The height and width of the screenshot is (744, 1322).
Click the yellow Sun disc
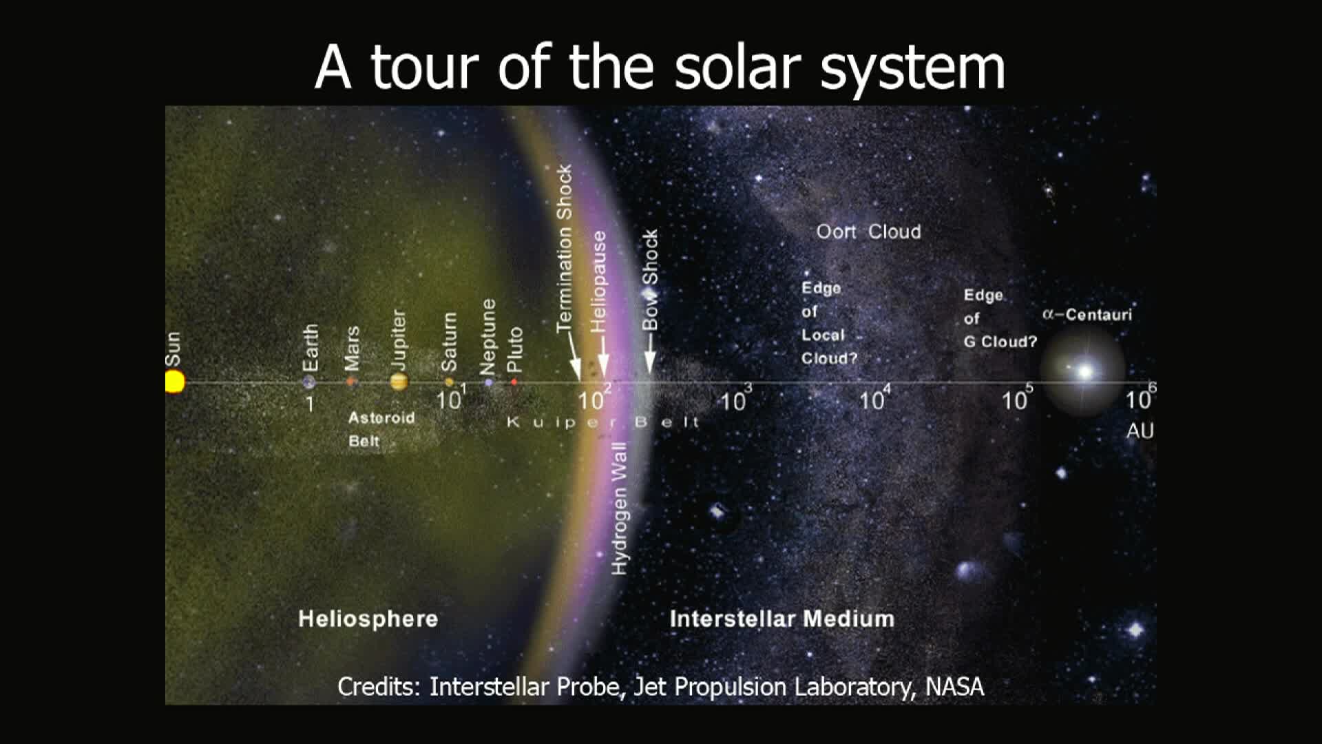point(175,382)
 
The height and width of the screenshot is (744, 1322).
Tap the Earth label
point(311,348)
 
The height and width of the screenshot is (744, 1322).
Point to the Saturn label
point(449,342)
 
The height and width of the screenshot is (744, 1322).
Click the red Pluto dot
point(514,382)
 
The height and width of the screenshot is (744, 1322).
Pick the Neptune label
point(488,337)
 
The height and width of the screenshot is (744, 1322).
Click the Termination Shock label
point(565,249)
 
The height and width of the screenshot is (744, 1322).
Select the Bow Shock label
point(650,280)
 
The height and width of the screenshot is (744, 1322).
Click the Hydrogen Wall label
point(620,508)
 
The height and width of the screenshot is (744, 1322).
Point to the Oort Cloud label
point(868,231)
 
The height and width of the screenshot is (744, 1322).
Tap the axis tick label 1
point(310,404)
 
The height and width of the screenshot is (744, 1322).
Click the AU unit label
point(1140,431)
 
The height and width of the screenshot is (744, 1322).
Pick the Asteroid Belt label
point(381,429)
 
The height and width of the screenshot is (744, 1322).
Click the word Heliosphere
point(368,619)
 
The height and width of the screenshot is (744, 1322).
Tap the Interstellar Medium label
point(782,619)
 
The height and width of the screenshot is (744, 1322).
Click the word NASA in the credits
point(955,687)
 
